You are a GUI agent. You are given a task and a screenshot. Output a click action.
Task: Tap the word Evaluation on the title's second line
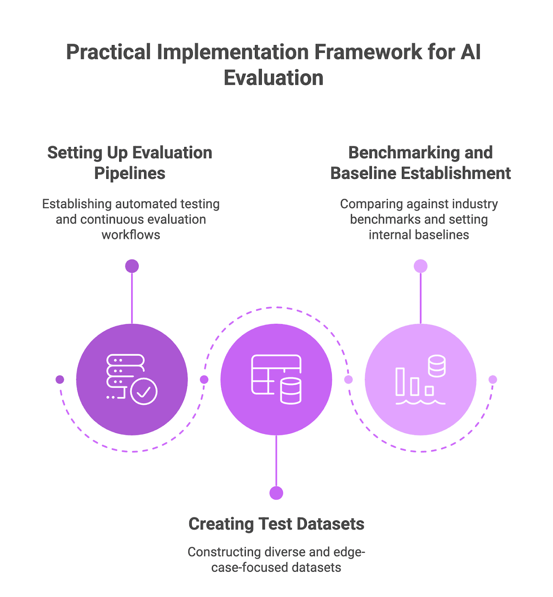(x=273, y=78)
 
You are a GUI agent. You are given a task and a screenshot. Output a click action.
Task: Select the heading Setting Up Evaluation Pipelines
(x=130, y=163)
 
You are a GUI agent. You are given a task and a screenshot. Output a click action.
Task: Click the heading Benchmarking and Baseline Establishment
(x=420, y=163)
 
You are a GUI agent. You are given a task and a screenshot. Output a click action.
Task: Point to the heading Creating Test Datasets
(x=276, y=524)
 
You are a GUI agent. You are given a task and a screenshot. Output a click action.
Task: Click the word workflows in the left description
(x=131, y=235)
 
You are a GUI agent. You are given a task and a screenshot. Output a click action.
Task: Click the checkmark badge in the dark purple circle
(x=144, y=391)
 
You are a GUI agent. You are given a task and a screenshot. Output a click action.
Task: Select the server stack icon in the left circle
(x=125, y=371)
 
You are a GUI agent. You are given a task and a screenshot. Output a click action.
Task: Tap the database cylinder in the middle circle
(x=290, y=391)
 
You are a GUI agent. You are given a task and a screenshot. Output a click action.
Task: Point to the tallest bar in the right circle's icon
(x=400, y=381)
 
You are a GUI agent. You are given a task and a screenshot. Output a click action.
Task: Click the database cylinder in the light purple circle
(x=437, y=366)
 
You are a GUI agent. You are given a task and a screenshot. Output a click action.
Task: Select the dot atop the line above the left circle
(x=132, y=266)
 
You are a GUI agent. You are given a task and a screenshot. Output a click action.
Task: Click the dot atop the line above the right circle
(x=421, y=266)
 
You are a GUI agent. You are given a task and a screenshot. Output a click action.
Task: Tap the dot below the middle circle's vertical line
(x=276, y=493)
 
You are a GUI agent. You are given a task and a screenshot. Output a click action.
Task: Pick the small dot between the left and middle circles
(x=204, y=379)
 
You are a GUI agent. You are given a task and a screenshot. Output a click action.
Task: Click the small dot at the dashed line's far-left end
(x=60, y=379)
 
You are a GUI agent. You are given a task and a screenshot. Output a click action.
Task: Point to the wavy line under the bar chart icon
(x=420, y=402)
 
